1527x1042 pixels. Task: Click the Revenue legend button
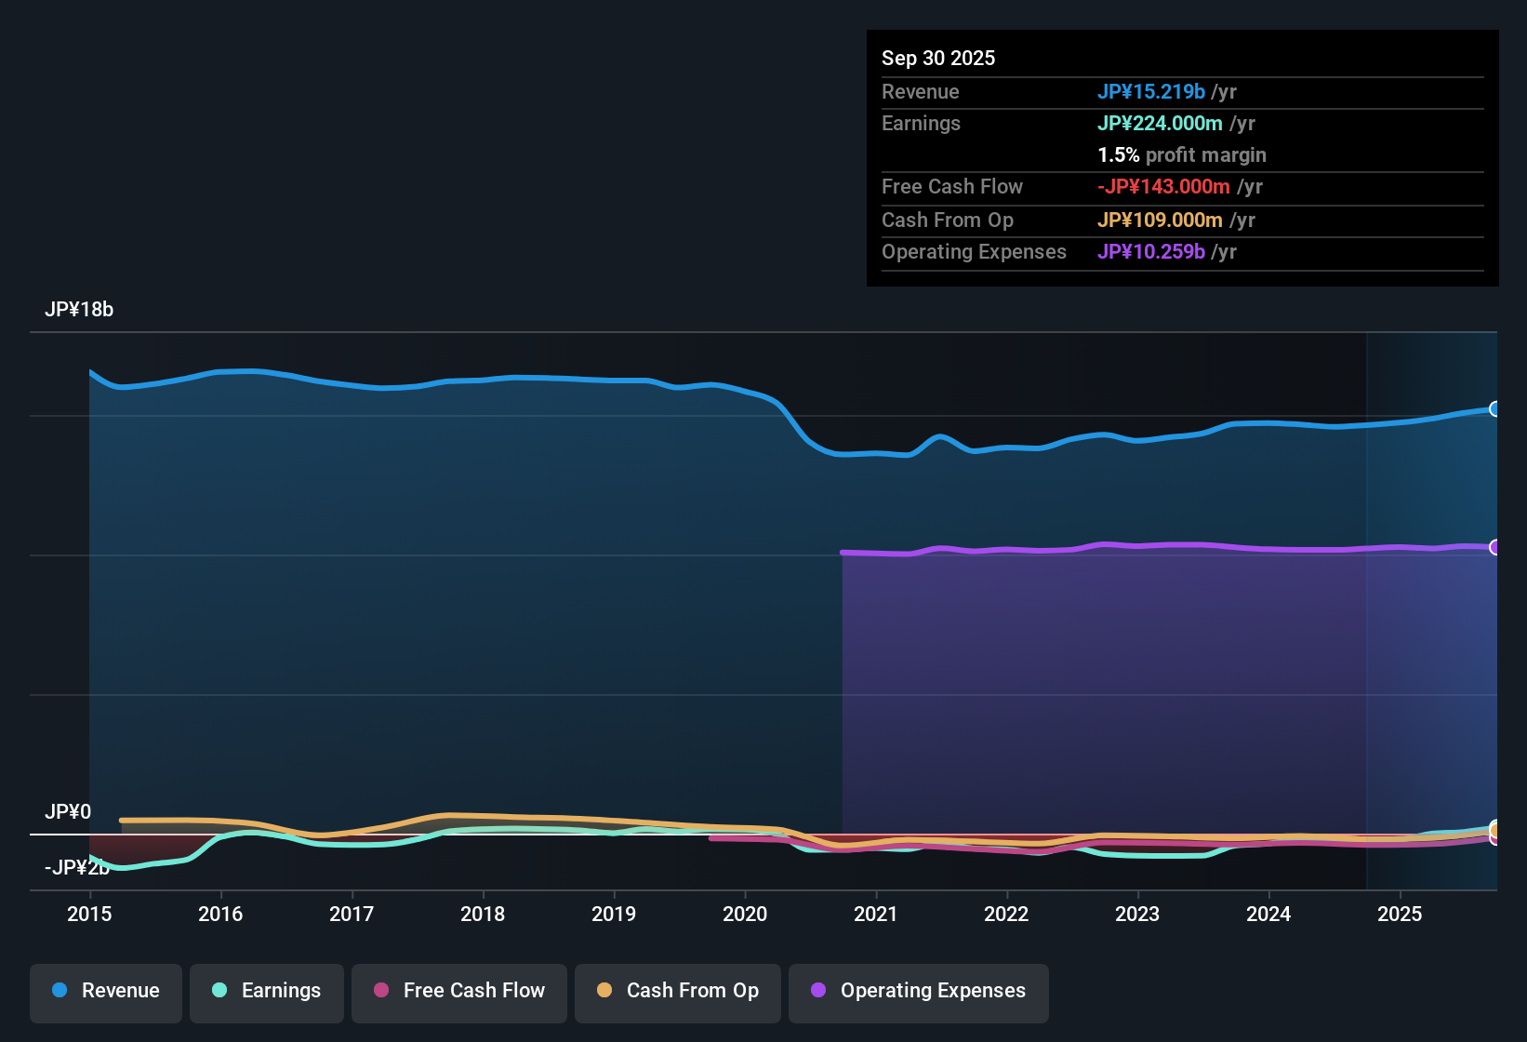[x=106, y=991]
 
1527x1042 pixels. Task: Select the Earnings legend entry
[x=267, y=991]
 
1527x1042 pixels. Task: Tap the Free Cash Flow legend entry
[x=459, y=991]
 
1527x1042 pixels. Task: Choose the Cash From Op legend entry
[x=678, y=991]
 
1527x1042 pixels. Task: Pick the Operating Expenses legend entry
[x=919, y=991]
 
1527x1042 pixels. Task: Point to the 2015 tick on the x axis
[x=89, y=914]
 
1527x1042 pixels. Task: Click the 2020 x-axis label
[x=745, y=914]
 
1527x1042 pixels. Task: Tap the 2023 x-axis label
[x=1137, y=914]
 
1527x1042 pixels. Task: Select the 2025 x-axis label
[x=1400, y=914]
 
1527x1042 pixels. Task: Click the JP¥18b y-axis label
[x=79, y=310]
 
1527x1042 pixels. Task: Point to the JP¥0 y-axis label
[x=68, y=811]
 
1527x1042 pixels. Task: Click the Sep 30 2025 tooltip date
[x=938, y=58]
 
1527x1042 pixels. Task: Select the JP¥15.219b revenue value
[x=1151, y=91]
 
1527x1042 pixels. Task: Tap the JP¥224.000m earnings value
[x=1160, y=123]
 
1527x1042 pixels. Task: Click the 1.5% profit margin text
[x=1182, y=154]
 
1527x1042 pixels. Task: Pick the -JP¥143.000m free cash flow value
[x=1163, y=186]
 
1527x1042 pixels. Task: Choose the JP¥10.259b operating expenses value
[x=1151, y=251]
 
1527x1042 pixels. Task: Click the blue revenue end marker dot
[x=1494, y=409]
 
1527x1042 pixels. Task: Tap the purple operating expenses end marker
[x=1494, y=547]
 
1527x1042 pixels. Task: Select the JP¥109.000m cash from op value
[x=1160, y=220]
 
